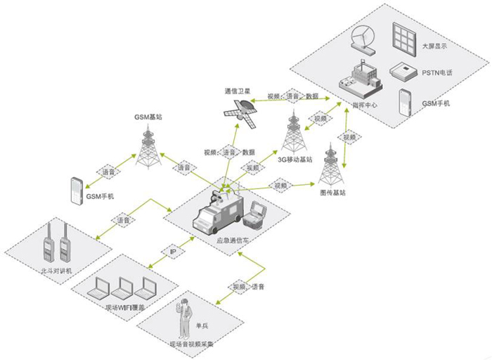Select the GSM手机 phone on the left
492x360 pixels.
(77, 191)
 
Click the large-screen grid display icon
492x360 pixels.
(406, 35)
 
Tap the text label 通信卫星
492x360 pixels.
(238, 91)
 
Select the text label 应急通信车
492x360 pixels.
(233, 241)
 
